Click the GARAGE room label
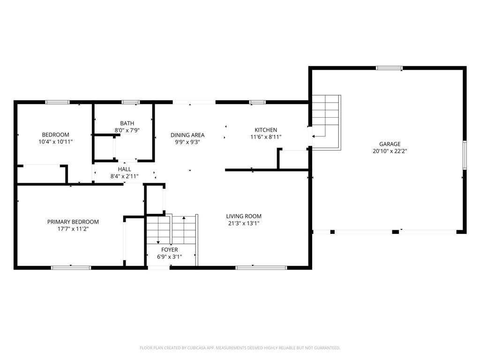pyautogui.click(x=390, y=144)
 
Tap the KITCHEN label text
pyautogui.click(x=266, y=130)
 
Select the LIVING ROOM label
pyautogui.click(x=244, y=216)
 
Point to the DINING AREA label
pyautogui.click(x=187, y=135)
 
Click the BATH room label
pyautogui.click(x=127, y=123)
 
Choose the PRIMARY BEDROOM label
pyautogui.click(x=73, y=222)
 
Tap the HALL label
pyautogui.click(x=125, y=169)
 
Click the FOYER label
pyautogui.click(x=169, y=250)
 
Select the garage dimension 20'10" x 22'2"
pyautogui.click(x=390, y=151)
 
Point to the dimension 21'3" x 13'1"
pyautogui.click(x=244, y=223)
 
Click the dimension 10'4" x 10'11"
pyautogui.click(x=55, y=142)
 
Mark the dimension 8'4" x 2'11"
pyautogui.click(x=124, y=176)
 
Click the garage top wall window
pyautogui.click(x=389, y=68)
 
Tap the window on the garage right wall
pyautogui.click(x=465, y=155)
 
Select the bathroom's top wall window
pyautogui.click(x=131, y=102)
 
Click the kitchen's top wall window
pyautogui.click(x=257, y=102)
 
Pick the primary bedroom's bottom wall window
pyautogui.click(x=71, y=268)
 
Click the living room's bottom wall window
pyautogui.click(x=261, y=268)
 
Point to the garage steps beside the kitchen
pyautogui.click(x=326, y=122)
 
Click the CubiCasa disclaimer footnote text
pyautogui.click(x=240, y=348)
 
